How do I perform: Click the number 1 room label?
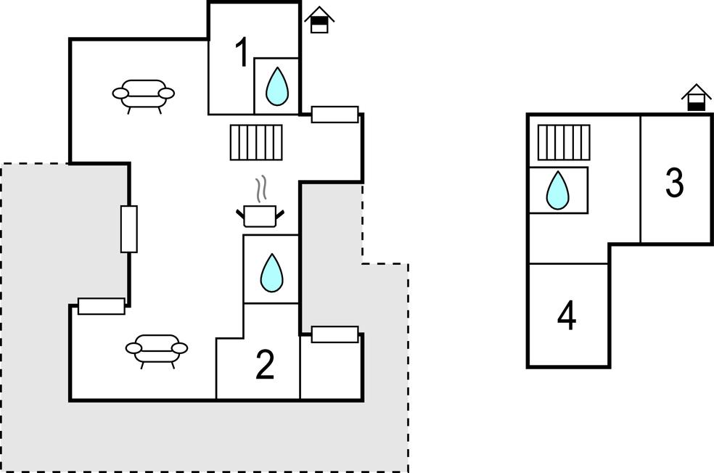[x=242, y=53]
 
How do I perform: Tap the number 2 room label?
[x=266, y=365]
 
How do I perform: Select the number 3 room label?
[x=675, y=183]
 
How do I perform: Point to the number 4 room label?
[x=567, y=316]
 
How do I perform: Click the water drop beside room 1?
[x=276, y=86]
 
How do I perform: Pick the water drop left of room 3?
[x=557, y=190]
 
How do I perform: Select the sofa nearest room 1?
[x=144, y=94]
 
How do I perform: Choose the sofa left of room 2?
[x=157, y=348]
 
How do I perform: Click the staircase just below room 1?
[x=256, y=141]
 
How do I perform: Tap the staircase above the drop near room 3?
[x=564, y=142]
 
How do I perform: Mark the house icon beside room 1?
[x=319, y=20]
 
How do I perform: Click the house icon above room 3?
[x=696, y=98]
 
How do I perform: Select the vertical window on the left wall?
[x=128, y=229]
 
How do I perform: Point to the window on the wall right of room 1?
[x=335, y=114]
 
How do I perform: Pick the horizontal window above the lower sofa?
[x=101, y=306]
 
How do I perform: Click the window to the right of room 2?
[x=335, y=334]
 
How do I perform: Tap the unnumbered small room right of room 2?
[x=331, y=370]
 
